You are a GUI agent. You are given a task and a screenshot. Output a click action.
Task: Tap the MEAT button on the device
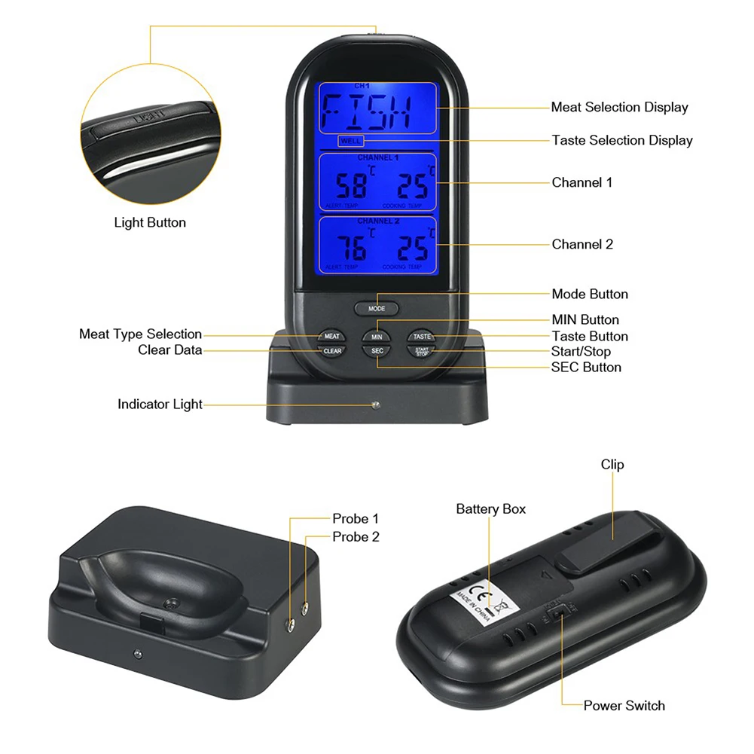tap(331, 336)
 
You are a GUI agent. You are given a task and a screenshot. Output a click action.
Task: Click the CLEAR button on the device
tap(331, 351)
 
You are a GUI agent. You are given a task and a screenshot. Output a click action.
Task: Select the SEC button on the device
tap(377, 351)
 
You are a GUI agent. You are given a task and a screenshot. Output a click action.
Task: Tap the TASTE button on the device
tap(422, 336)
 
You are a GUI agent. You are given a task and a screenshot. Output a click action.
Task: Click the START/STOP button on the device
tap(422, 351)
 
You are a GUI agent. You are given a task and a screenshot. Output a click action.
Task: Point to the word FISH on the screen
tap(367, 112)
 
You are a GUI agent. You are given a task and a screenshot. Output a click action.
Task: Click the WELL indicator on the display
tap(351, 141)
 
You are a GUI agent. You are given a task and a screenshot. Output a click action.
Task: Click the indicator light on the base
tap(374, 405)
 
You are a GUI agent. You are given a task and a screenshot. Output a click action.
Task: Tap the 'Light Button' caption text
tap(150, 222)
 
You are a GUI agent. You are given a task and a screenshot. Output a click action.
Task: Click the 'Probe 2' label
tap(356, 537)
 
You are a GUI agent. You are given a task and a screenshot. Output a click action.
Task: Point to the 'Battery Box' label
tap(490, 509)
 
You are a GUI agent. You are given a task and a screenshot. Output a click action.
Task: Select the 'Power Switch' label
tap(624, 706)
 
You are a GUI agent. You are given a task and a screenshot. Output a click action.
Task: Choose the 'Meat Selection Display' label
tap(619, 107)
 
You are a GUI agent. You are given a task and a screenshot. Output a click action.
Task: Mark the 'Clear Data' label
tap(169, 350)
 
